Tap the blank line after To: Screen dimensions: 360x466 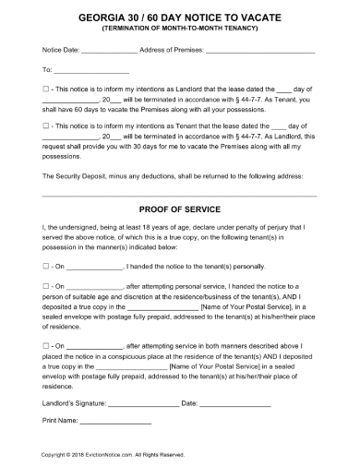(x=92, y=70)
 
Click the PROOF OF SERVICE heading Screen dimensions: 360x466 (x=179, y=209)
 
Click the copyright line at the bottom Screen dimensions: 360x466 (x=114, y=455)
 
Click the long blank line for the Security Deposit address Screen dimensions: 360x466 (x=179, y=195)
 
